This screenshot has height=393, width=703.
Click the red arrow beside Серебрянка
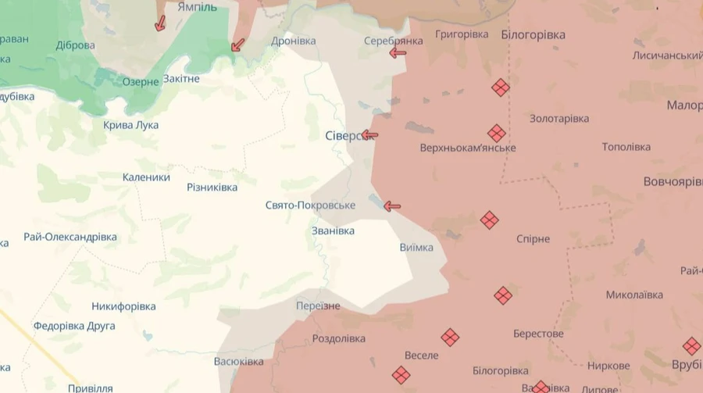coord(398,53)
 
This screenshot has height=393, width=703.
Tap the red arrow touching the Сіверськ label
coord(370,135)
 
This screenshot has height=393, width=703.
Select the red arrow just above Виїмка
coord(392,206)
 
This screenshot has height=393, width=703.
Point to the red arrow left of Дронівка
coord(238,45)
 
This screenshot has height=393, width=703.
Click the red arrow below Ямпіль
coord(160,23)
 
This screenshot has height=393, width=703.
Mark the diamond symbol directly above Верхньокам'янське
coord(497,134)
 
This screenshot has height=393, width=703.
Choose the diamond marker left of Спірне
coord(490,220)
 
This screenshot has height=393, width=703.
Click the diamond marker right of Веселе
coord(450,338)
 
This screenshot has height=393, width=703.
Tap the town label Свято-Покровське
coord(310,205)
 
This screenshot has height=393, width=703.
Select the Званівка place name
coord(333,231)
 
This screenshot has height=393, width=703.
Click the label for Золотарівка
coord(559,119)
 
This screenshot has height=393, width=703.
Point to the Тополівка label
coord(626,147)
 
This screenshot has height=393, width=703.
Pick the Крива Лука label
coord(130,125)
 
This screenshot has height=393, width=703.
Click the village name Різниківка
coord(212,188)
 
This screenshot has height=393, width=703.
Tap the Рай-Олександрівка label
coord(70,237)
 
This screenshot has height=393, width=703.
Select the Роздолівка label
coord(338,339)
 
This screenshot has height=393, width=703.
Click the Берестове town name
coord(538,334)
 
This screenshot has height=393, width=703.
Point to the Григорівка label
coord(462,34)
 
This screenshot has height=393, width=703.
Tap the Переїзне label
coord(317,306)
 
